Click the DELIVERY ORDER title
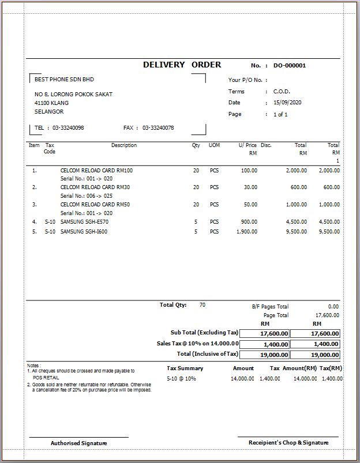pos(182,65)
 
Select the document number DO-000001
pos(289,66)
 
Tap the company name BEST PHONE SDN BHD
pos(64,80)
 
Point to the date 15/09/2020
pos(287,103)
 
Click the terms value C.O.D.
pos(282,92)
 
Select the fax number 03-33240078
pos(158,128)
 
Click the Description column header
pos(124,145)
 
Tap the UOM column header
pos(214,145)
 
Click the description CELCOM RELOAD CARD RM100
pos(96,171)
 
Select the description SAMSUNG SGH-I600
pos(84,232)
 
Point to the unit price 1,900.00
pos(247,232)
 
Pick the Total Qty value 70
pos(202,304)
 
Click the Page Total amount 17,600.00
pos(327,315)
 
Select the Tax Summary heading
pos(185,368)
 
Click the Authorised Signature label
pos(79,443)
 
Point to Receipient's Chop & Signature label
pos(288,442)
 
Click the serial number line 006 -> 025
pos(86,196)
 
